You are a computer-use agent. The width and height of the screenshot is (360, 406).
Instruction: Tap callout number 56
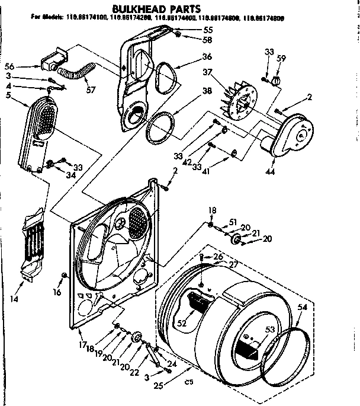[x=25, y=66]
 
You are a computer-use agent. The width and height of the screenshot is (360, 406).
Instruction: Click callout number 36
[x=207, y=57]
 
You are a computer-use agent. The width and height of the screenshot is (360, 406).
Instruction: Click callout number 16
[x=57, y=292]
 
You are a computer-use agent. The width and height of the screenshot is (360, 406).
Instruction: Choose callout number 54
[x=303, y=308]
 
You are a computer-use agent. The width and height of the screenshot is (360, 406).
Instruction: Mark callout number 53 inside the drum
[x=270, y=330]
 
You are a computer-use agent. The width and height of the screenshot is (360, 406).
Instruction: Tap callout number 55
[x=207, y=30]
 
